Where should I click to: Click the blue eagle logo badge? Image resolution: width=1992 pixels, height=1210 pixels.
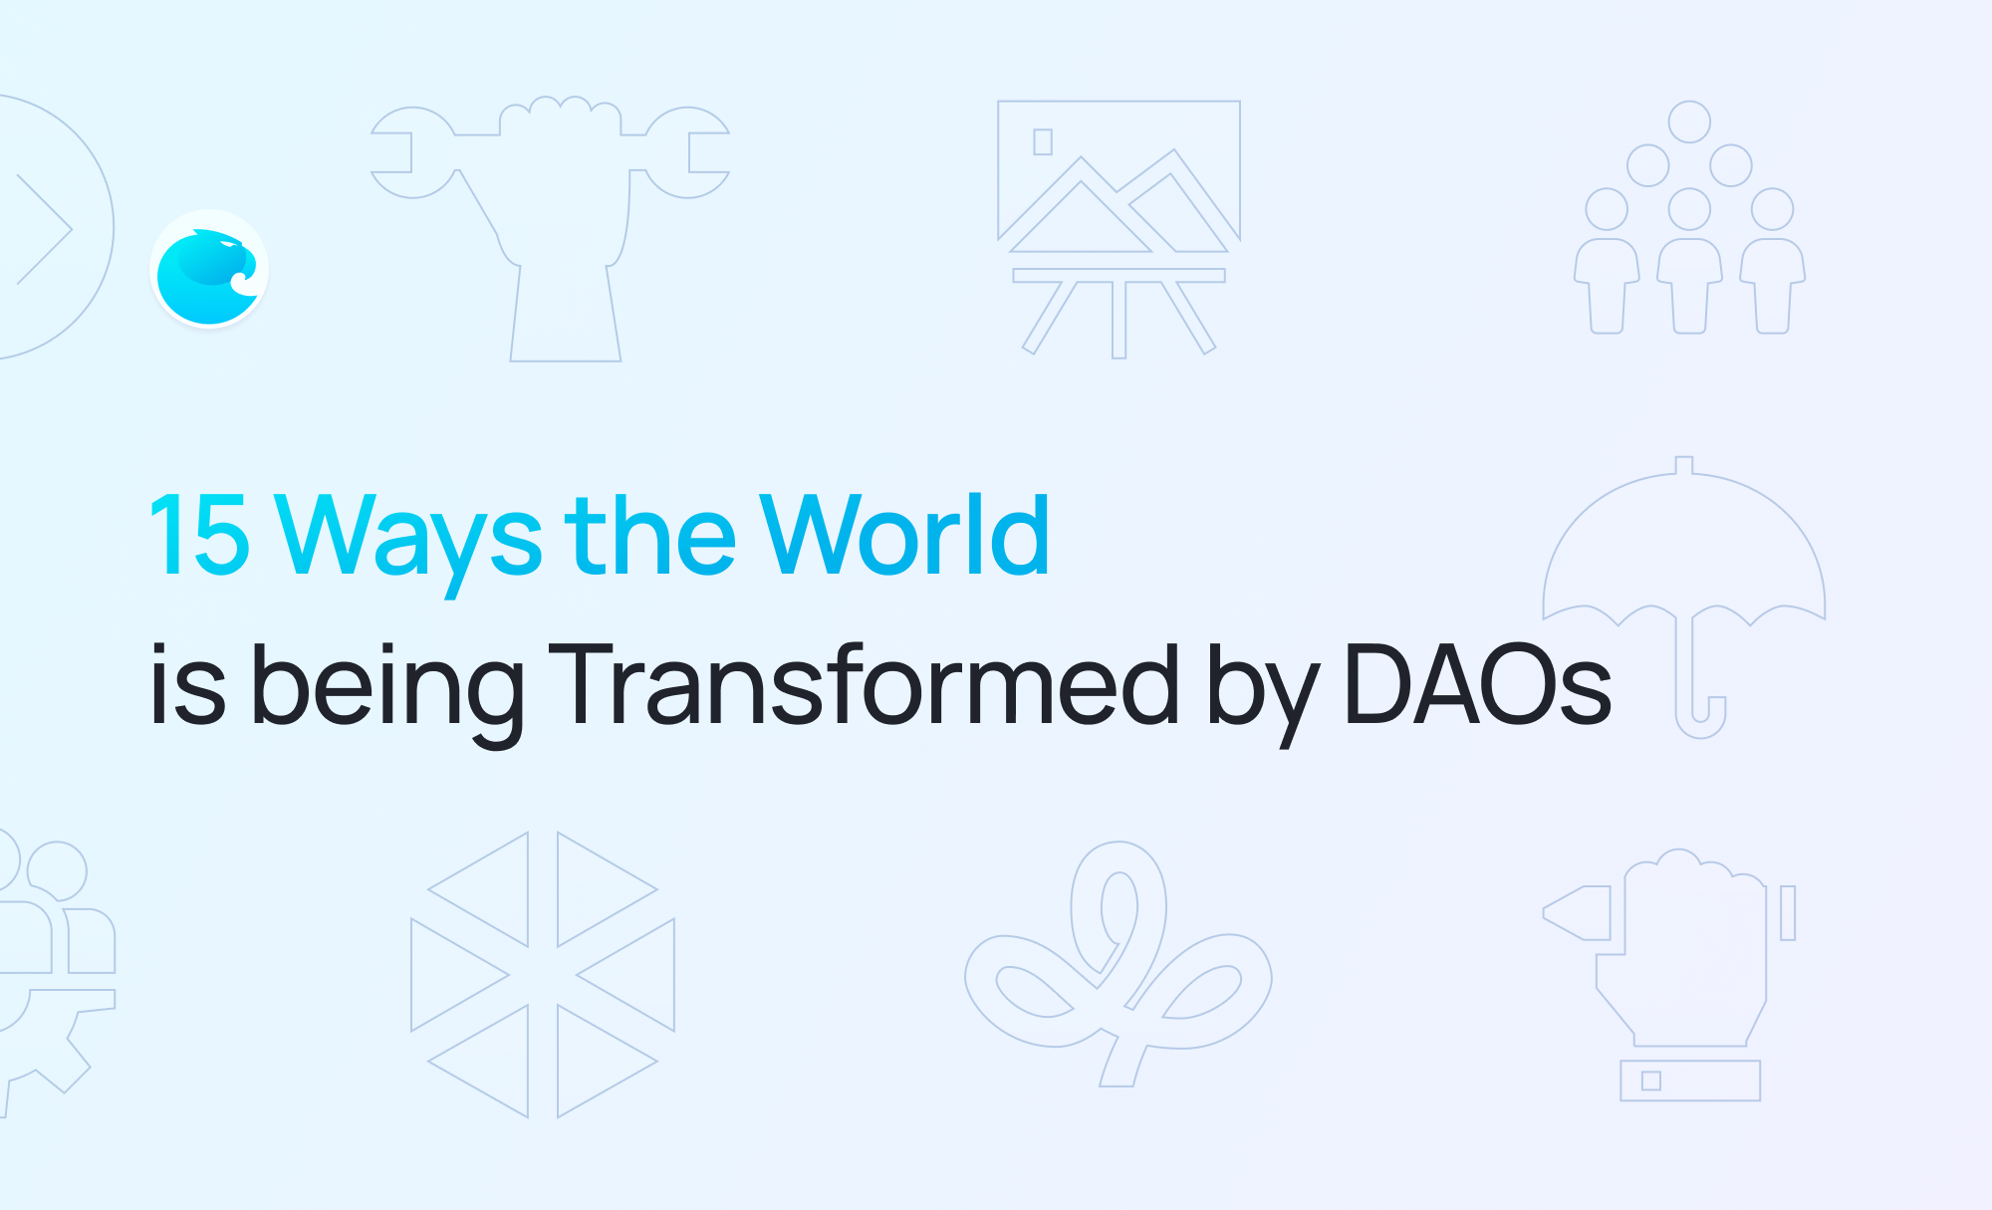[x=209, y=269]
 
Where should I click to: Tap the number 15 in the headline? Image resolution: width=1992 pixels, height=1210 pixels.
[x=199, y=536]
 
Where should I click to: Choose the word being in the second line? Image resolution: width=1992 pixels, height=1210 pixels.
[x=387, y=692]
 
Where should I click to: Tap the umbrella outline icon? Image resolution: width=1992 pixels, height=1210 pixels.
[x=1684, y=598]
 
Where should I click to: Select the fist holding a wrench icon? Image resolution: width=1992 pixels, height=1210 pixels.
[x=551, y=229]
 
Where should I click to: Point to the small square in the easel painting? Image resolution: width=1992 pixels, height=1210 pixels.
[x=1043, y=141]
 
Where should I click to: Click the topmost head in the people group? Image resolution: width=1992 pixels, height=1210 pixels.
[x=1689, y=121]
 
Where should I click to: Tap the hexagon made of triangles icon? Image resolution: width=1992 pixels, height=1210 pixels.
[x=543, y=975]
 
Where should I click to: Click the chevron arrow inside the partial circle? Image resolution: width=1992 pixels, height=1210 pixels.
[x=45, y=229]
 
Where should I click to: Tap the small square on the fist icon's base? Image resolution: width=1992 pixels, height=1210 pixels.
[x=1651, y=1081]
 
